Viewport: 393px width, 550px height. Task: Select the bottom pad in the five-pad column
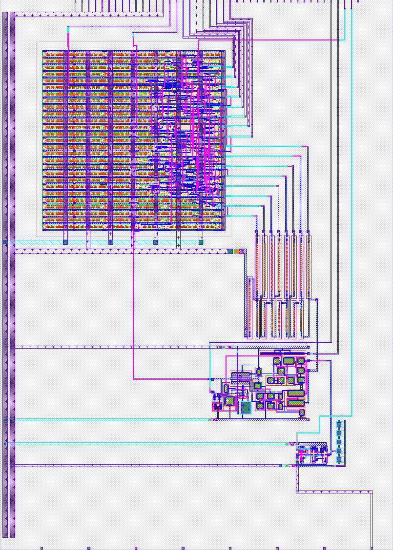click(x=339, y=460)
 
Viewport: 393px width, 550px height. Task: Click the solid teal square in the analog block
click(x=246, y=407)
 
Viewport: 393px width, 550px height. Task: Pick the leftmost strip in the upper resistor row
click(x=257, y=266)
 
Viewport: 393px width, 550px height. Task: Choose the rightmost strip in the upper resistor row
click(x=309, y=266)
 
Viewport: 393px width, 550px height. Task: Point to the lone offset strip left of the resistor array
click(x=249, y=305)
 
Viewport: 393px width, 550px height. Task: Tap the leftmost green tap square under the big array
click(x=65, y=242)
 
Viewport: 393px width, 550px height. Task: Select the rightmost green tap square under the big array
click(x=201, y=242)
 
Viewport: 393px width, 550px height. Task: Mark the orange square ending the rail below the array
click(x=239, y=252)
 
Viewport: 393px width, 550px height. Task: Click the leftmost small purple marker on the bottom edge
click(x=41, y=548)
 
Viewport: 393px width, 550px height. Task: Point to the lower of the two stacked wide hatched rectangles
click(x=296, y=403)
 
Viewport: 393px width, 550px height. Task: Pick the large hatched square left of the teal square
click(x=229, y=401)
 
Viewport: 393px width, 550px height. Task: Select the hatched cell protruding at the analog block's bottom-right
click(x=302, y=413)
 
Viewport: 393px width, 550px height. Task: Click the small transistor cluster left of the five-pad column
click(x=311, y=455)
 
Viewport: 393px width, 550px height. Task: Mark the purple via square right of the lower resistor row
click(x=318, y=299)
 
